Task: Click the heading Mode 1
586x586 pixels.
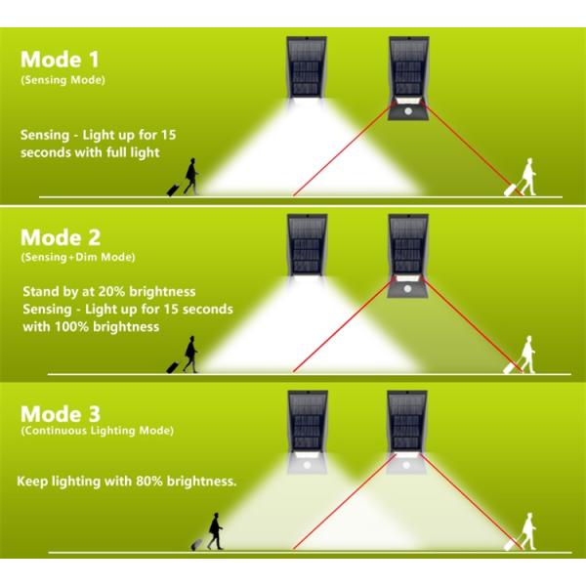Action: pyautogui.click(x=60, y=60)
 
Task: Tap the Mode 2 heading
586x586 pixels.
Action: pyautogui.click(x=61, y=237)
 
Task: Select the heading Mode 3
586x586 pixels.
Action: pyautogui.click(x=61, y=414)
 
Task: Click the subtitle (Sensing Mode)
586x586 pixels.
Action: pyautogui.click(x=63, y=80)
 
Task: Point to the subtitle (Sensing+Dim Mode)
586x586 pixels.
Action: pyautogui.click(x=78, y=257)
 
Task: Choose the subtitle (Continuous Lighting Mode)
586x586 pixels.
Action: pyautogui.click(x=97, y=431)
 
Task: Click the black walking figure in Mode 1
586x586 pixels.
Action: pyautogui.click(x=191, y=177)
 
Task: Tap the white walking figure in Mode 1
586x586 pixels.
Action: pyautogui.click(x=528, y=177)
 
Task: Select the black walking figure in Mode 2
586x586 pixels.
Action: pyautogui.click(x=190, y=355)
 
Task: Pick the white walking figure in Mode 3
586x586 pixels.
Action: pyautogui.click(x=528, y=531)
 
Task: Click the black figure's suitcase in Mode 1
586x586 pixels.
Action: pyautogui.click(x=173, y=190)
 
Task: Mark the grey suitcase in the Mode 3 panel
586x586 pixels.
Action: pyautogui.click(x=197, y=545)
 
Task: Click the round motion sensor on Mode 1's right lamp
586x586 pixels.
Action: pyautogui.click(x=408, y=111)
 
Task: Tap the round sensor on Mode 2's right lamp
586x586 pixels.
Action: pyautogui.click(x=407, y=288)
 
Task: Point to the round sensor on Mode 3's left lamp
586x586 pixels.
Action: pyautogui.click(x=308, y=465)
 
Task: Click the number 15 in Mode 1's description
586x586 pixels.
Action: pyautogui.click(x=169, y=135)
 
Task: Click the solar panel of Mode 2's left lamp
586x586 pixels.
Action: pyautogui.click(x=308, y=245)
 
